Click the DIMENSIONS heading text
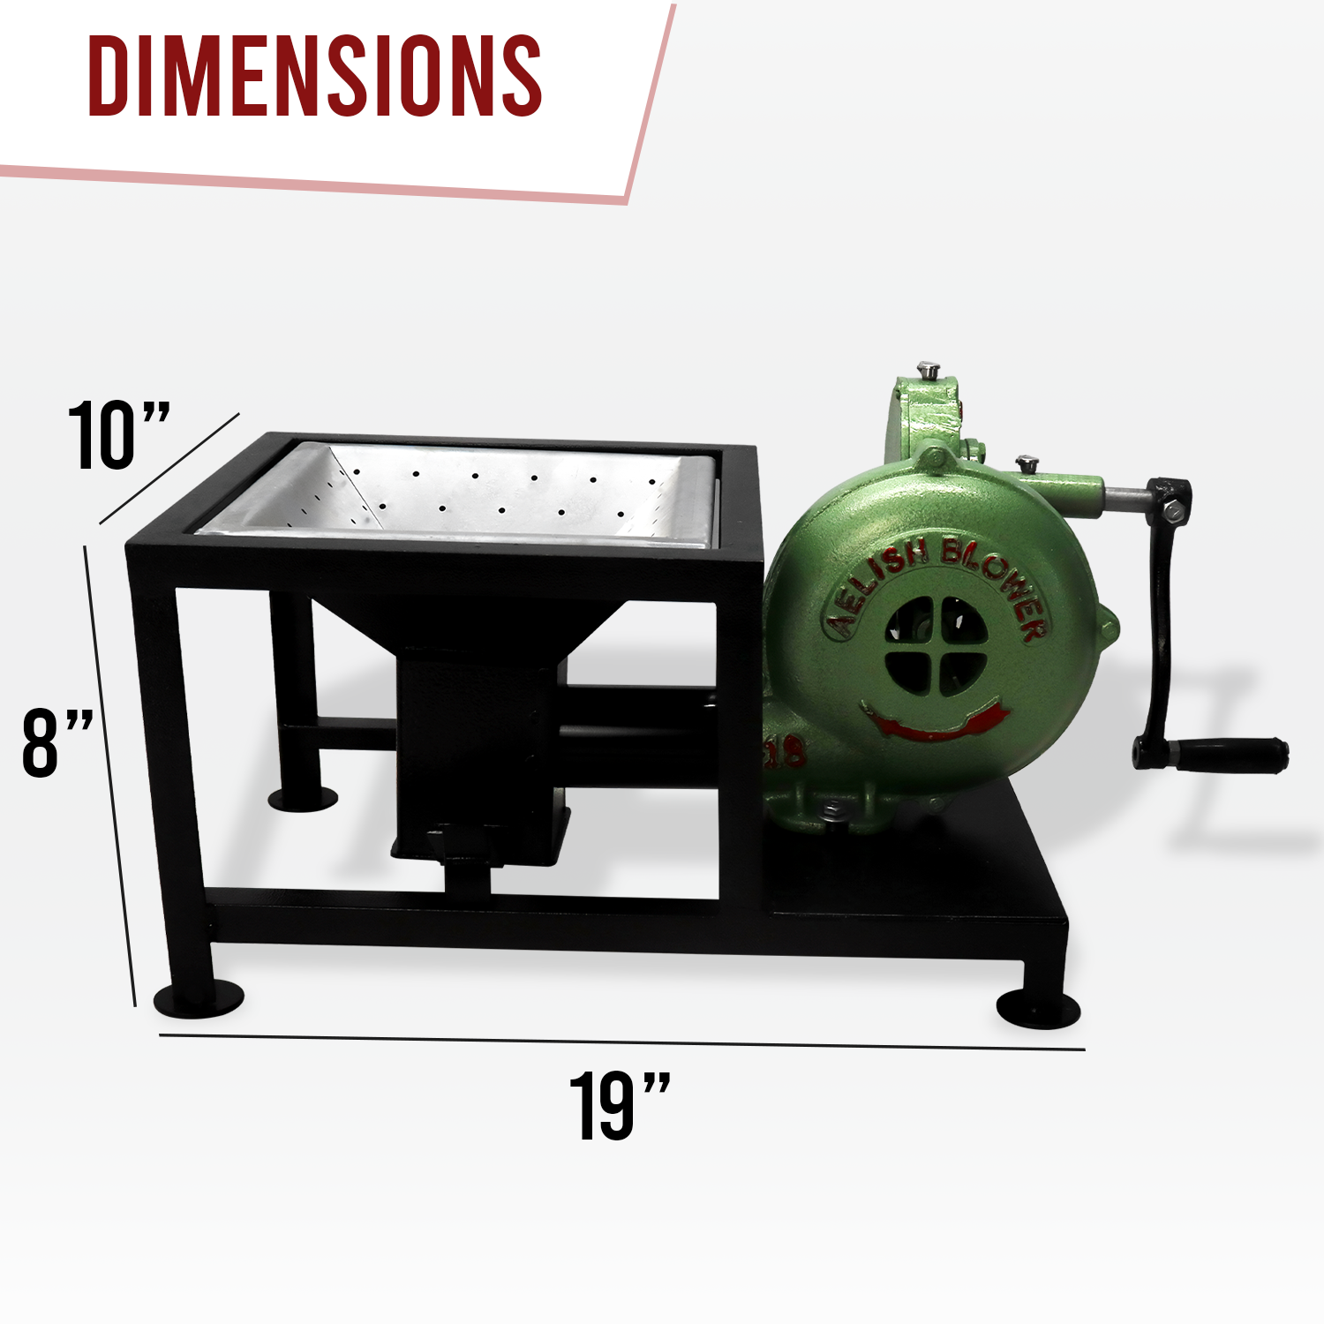315,77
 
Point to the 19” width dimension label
620,1106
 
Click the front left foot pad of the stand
199,997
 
